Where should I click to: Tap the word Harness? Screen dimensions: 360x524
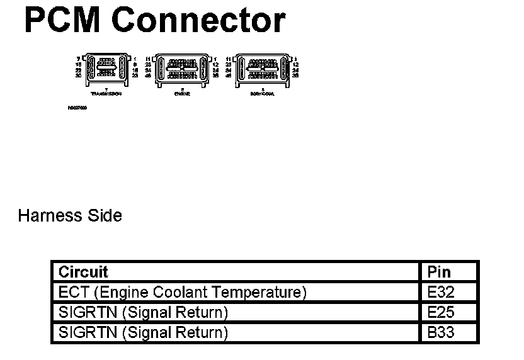(50, 216)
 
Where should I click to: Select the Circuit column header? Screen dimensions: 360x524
(83, 272)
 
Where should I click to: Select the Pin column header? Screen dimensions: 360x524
(439, 272)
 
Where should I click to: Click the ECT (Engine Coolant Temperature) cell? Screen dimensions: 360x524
(182, 292)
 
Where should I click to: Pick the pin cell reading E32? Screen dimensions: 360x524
(440, 292)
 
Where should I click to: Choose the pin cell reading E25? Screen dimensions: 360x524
(440, 312)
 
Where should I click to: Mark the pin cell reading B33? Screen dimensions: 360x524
(440, 332)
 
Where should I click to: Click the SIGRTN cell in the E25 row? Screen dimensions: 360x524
(142, 312)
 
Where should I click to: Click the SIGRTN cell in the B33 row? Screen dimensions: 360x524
(142, 332)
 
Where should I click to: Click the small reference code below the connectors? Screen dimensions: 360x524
(77, 108)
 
